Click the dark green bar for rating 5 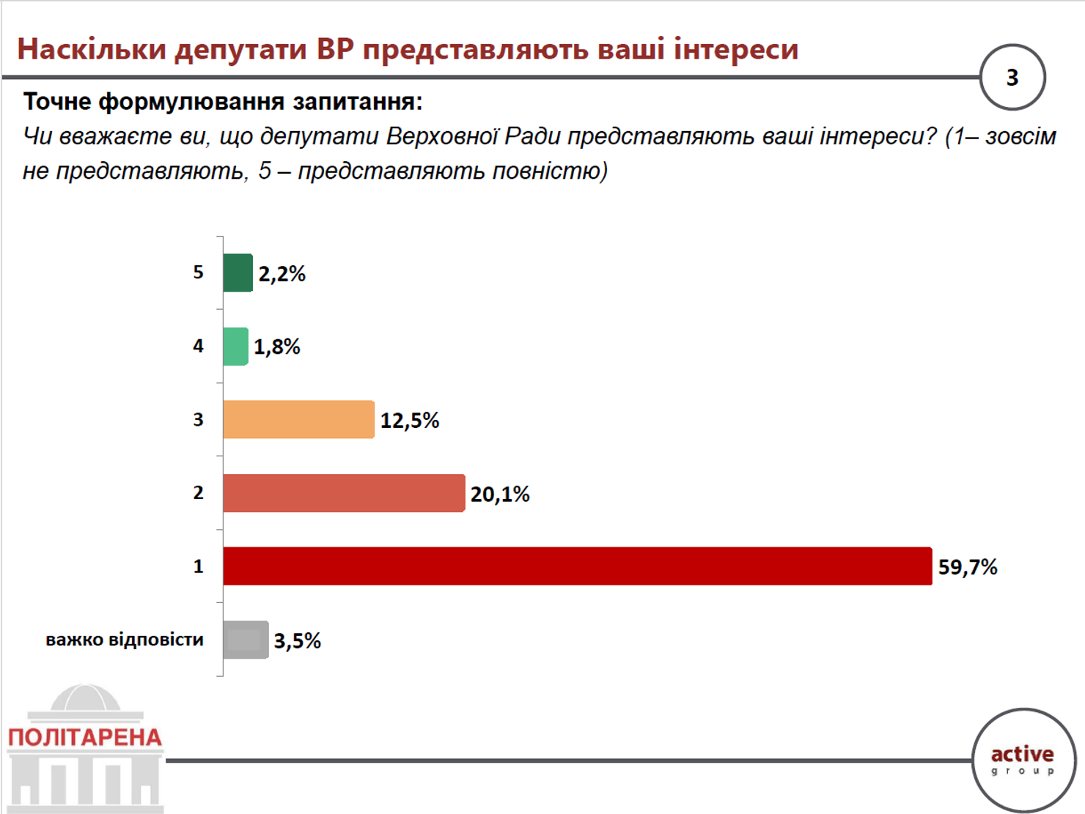238,273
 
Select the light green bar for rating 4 236,347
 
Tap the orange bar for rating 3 298,419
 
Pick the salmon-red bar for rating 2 344,493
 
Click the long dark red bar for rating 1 578,566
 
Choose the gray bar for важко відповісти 246,640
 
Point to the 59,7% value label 968,567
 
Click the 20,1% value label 500,494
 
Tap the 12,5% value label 409,421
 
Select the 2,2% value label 282,273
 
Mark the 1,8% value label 277,347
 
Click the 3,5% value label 297,641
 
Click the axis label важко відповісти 125,640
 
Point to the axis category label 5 198,272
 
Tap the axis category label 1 198,566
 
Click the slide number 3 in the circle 1012,78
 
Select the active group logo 1023,761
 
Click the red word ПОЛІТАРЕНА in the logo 85,738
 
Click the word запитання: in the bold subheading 357,103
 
